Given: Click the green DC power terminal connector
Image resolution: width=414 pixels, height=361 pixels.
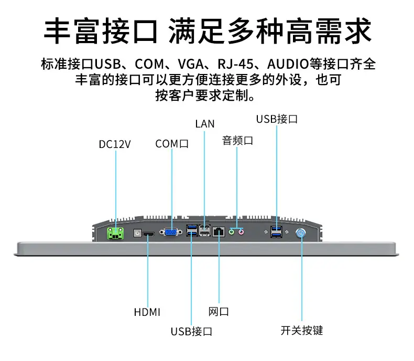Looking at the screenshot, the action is (115, 233).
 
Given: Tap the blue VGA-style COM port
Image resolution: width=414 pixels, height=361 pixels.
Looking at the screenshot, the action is (171, 232).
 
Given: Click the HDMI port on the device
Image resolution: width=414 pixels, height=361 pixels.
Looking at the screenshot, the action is (149, 234).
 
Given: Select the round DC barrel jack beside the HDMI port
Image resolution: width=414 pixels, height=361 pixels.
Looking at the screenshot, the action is (137, 233).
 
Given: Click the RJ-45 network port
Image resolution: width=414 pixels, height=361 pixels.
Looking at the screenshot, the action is (219, 232).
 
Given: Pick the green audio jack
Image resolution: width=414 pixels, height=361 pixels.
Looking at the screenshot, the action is (232, 232).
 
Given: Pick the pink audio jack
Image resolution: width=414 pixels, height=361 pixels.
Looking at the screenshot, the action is (241, 232).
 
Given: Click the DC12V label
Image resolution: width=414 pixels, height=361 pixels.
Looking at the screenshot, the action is (115, 144).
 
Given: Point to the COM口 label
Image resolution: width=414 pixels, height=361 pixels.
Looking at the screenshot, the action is (172, 144).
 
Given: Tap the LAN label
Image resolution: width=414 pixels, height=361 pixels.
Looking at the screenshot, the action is (204, 124).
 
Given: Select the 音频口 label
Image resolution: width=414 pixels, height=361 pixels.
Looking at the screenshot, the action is (237, 141).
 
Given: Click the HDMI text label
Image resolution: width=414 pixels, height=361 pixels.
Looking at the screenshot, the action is (147, 312).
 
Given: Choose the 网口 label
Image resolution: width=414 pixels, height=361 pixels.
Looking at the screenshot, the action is (219, 312).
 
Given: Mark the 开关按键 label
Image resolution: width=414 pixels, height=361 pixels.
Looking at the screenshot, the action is (302, 331).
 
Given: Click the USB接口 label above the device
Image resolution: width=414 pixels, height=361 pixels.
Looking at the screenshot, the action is (277, 119).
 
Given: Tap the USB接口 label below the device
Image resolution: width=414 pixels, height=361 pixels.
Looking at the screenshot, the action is (191, 332).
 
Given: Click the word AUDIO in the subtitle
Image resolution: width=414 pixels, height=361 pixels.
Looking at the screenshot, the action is (288, 64).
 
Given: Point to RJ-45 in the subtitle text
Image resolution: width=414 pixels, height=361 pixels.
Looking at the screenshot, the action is (235, 64).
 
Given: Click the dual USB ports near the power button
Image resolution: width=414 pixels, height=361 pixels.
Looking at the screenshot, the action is (276, 232).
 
